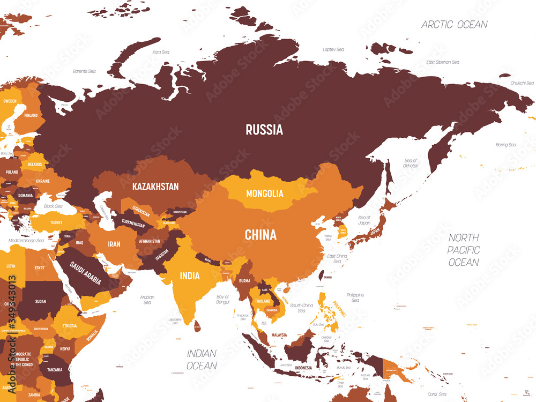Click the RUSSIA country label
coord(264,129)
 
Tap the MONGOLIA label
coord(265,193)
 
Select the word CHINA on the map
coord(260,234)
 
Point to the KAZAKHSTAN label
coord(155,187)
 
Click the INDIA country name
coord(190,276)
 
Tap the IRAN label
coord(114,244)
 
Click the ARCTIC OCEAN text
coord(455,25)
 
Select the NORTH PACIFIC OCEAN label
coord(464,250)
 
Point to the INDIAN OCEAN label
coord(202,360)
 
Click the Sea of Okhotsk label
coord(411,163)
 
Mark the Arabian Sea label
coord(147,300)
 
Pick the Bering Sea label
coord(505,145)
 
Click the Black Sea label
coord(53,206)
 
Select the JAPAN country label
coord(374,232)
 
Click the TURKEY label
coord(56,222)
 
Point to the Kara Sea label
coord(160,53)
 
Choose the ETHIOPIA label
coord(69,325)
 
